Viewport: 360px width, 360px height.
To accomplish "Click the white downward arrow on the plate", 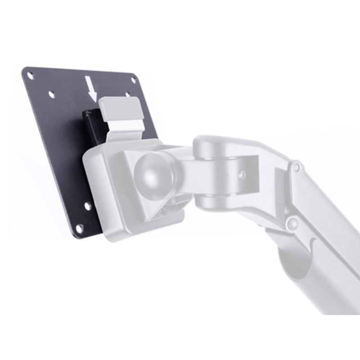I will (93, 88).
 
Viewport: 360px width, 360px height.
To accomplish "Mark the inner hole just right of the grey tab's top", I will (129, 95).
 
